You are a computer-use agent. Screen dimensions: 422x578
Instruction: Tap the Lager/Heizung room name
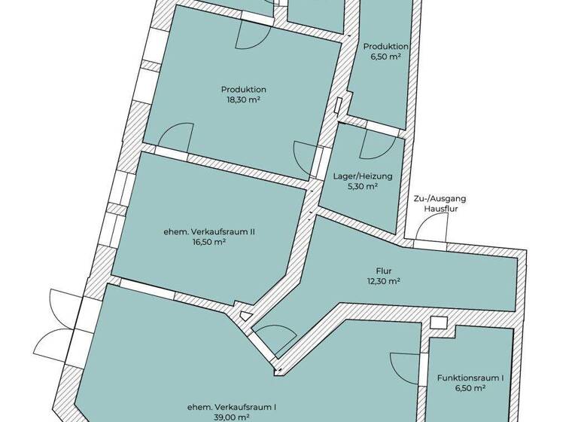[x=363, y=177]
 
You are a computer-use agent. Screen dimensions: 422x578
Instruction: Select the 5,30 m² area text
[x=363, y=188]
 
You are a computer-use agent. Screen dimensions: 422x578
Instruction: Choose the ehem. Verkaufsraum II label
[x=209, y=232]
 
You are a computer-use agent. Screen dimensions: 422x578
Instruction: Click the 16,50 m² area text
[x=209, y=243]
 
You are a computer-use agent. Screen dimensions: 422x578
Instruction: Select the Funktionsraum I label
[x=470, y=378]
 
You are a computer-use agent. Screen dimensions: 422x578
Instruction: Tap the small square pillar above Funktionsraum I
[x=437, y=323]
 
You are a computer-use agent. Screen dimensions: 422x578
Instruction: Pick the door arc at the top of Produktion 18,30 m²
[x=249, y=34]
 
